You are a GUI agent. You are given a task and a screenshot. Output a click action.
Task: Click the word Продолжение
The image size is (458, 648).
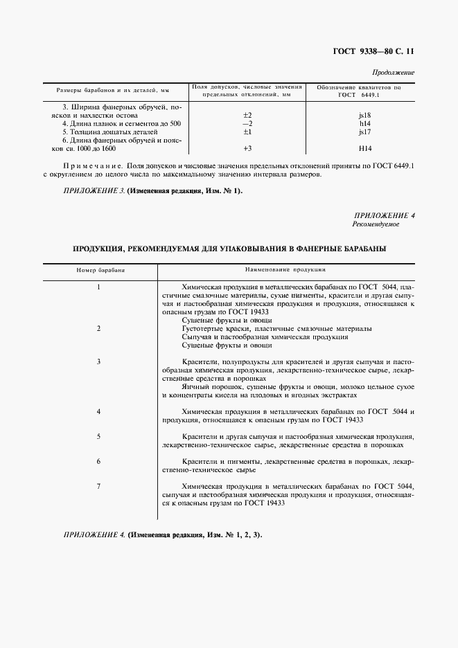pos(394,72)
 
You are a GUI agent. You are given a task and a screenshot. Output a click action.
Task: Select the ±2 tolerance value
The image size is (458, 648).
pos(247,114)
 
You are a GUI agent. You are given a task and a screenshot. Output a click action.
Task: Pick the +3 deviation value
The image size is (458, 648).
pos(247,148)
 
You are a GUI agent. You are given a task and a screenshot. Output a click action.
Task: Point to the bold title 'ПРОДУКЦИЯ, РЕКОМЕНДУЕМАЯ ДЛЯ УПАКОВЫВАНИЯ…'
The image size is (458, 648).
pos(229,248)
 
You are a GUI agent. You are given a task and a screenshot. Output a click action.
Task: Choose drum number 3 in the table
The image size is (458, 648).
pos(99,361)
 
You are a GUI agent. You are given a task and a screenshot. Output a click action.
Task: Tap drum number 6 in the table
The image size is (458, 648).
pos(99,461)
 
